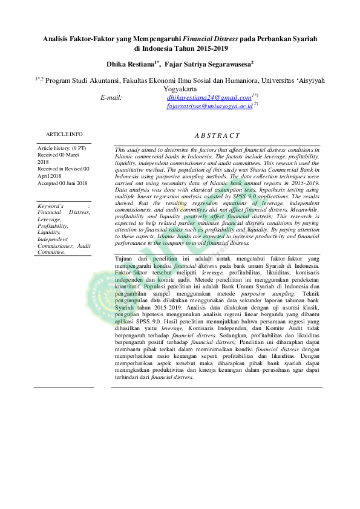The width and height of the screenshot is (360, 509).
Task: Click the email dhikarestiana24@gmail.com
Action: click(x=209, y=97)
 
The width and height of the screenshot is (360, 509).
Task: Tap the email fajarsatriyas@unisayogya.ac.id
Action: click(x=209, y=106)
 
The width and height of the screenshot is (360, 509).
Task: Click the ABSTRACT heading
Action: click(x=217, y=136)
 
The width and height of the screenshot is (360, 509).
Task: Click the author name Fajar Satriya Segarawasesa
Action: click(x=208, y=63)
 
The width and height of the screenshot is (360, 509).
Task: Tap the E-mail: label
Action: click(x=111, y=97)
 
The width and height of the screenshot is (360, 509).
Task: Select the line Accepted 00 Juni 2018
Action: click(x=62, y=183)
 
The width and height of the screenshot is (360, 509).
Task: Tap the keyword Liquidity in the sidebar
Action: click(x=49, y=232)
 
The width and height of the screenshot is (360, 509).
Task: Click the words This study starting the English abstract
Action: click(x=128, y=149)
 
